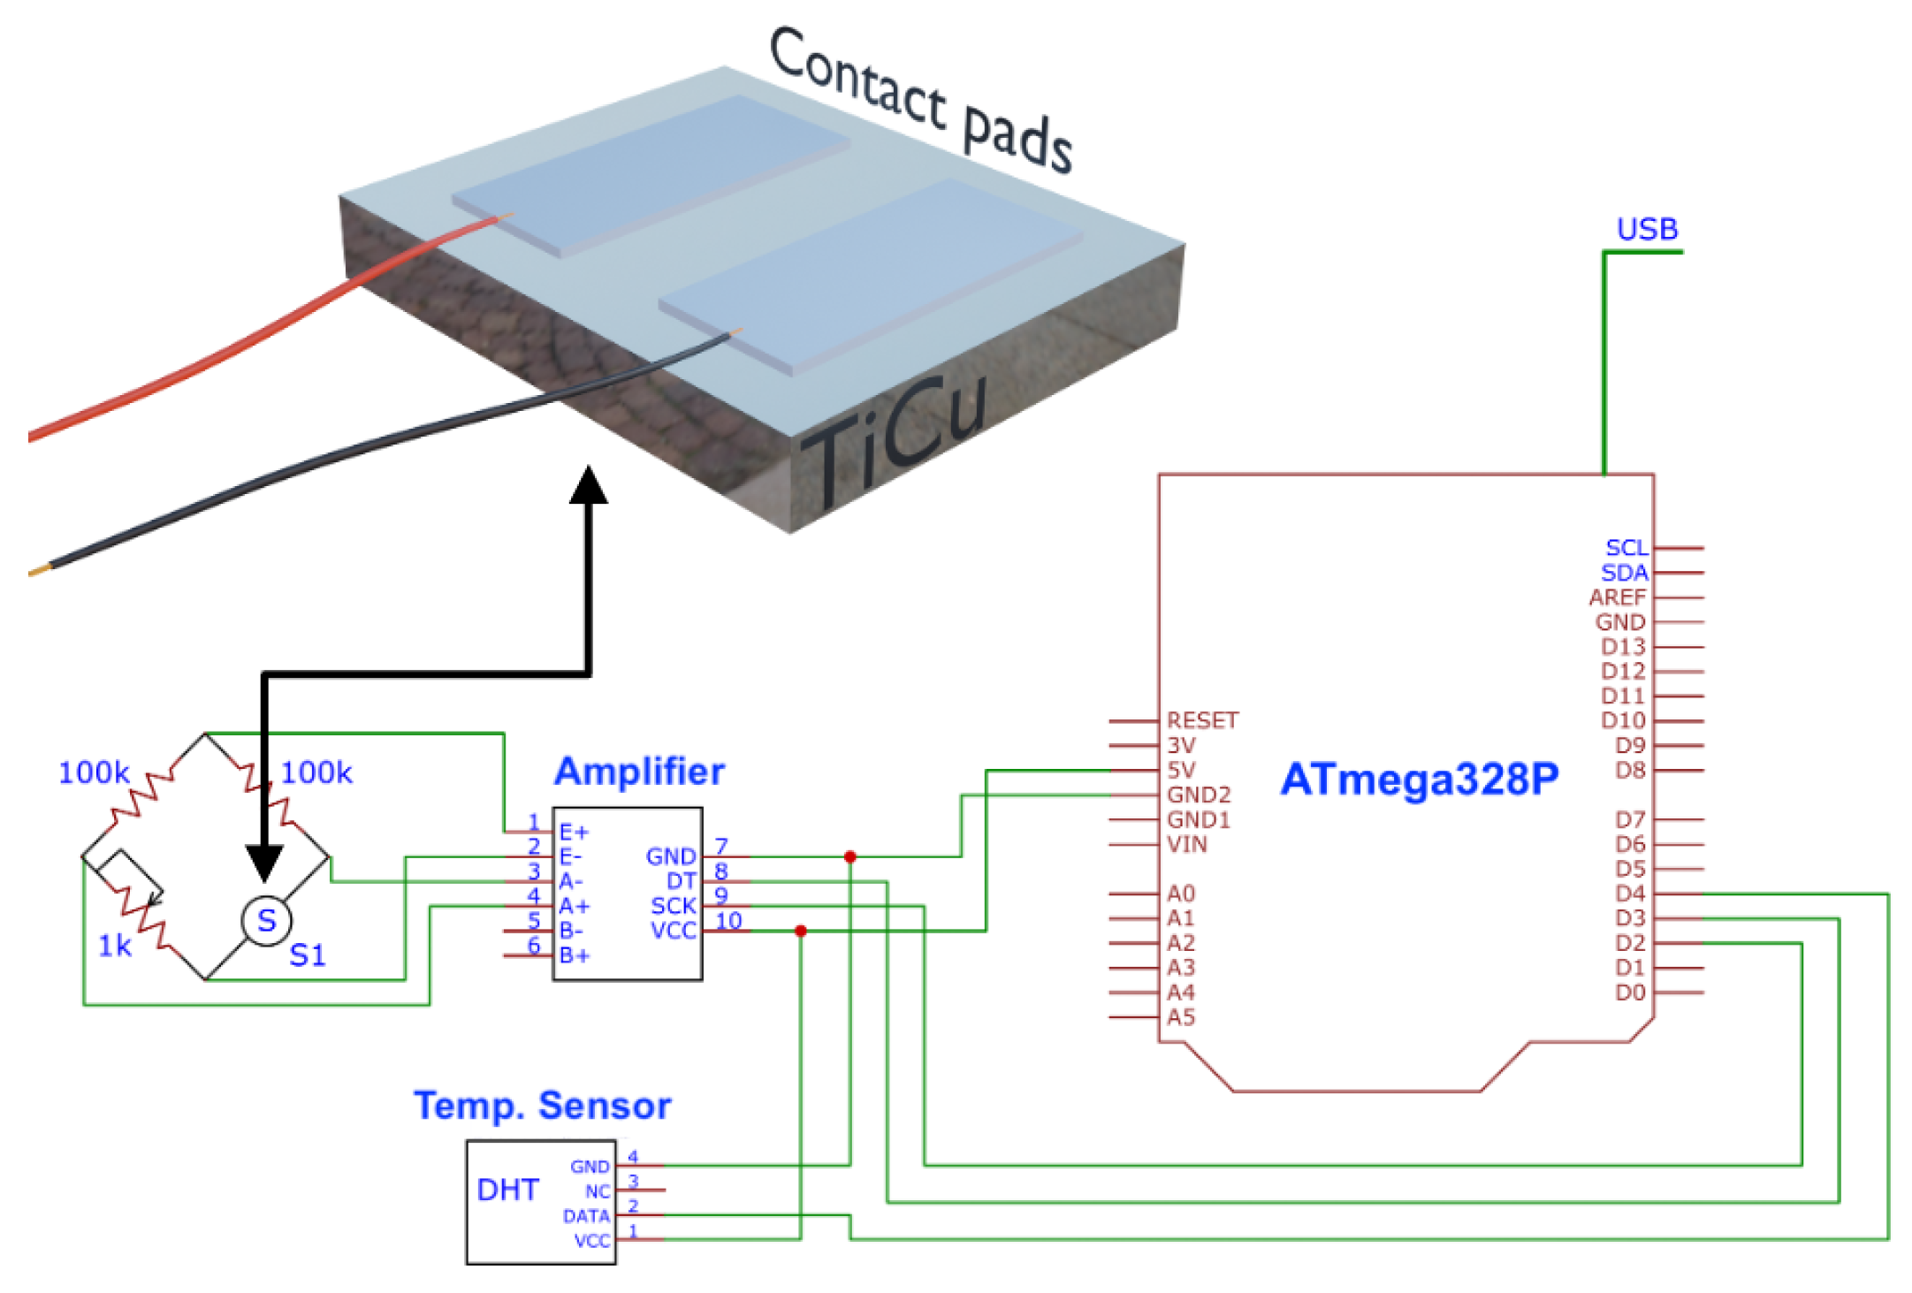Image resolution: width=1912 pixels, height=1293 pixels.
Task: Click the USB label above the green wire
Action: pyautogui.click(x=1646, y=229)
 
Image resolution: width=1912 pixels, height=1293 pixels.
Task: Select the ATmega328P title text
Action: pyautogui.click(x=1419, y=780)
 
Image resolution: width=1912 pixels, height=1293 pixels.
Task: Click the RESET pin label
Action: pyautogui.click(x=1202, y=720)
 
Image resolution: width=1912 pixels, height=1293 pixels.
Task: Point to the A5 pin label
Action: pyautogui.click(x=1181, y=1017)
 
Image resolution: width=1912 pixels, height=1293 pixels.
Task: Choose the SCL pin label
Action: pyautogui.click(x=1626, y=548)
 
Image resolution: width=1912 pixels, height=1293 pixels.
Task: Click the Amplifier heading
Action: pyautogui.click(x=638, y=772)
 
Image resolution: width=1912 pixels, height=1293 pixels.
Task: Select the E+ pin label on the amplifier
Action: pyautogui.click(x=574, y=832)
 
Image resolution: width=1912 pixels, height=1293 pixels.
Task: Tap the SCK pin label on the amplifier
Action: pyautogui.click(x=673, y=906)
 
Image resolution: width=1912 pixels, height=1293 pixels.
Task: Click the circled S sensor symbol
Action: pyautogui.click(x=266, y=921)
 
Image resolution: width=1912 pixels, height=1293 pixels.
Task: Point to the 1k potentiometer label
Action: pyautogui.click(x=114, y=947)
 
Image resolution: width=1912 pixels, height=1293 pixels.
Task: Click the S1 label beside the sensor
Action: pyautogui.click(x=308, y=955)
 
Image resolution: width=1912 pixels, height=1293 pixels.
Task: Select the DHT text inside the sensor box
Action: pyautogui.click(x=507, y=1190)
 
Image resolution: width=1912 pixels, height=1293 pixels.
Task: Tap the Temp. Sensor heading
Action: pyautogui.click(x=542, y=1106)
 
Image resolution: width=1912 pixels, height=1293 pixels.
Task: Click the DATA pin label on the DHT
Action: pyautogui.click(x=586, y=1216)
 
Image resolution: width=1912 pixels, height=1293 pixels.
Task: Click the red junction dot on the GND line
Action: pyautogui.click(x=849, y=856)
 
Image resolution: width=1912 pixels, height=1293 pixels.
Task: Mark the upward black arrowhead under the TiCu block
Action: pyautogui.click(x=588, y=485)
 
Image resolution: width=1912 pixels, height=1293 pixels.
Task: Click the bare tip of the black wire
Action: pyautogui.click(x=38, y=572)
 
